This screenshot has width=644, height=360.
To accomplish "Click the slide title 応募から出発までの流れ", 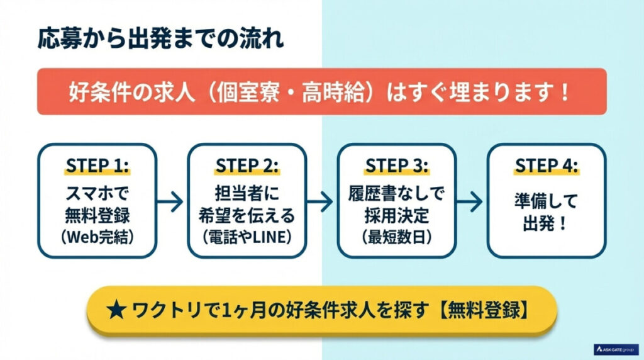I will pos(160,38).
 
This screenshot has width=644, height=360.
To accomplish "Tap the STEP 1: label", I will pos(97,166).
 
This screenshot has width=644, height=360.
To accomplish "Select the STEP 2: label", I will pos(247,166).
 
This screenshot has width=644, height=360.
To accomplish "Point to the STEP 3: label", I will pos(397,166).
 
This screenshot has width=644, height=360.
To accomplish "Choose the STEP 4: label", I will pos(547,166).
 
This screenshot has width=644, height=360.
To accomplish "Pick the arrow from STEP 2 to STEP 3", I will pos(320,201).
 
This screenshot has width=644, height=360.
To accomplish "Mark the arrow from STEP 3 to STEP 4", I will pos(470,201).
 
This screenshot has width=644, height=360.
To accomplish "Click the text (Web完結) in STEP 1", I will pos(97,237).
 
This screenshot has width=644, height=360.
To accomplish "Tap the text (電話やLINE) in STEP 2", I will pos(247,237).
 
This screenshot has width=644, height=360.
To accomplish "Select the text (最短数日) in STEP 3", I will pos(397,237).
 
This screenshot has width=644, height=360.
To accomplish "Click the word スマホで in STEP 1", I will pos(97,192).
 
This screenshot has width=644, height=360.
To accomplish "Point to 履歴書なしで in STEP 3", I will pos(397,192).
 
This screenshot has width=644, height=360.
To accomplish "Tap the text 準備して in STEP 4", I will pos(547,201).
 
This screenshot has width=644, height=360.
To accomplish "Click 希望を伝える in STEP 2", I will pos(247,215).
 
